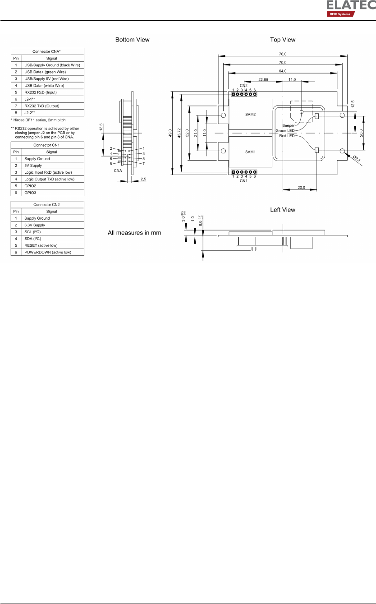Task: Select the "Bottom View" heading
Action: pos(133,40)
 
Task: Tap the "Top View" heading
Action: pos(283,40)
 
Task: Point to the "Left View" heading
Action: pos(283,210)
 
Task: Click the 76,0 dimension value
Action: pos(283,54)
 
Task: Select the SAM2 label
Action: pos(250,115)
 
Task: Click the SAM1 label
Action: pos(250,152)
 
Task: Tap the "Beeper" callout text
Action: pos(288,125)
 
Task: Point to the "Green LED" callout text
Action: pos(285,131)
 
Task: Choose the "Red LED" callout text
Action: pos(287,136)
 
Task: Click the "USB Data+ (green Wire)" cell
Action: pos(52,72)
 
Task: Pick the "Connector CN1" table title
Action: pos(47,145)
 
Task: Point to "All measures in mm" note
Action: pos(134,233)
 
